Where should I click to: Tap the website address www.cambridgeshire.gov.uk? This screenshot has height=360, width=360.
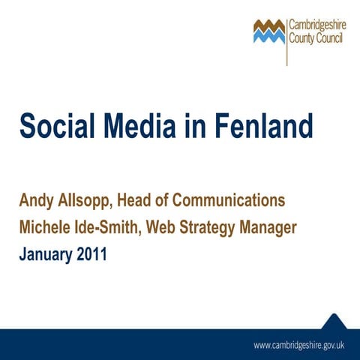click(298, 346)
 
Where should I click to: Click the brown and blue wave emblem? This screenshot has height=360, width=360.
click(269, 31)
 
